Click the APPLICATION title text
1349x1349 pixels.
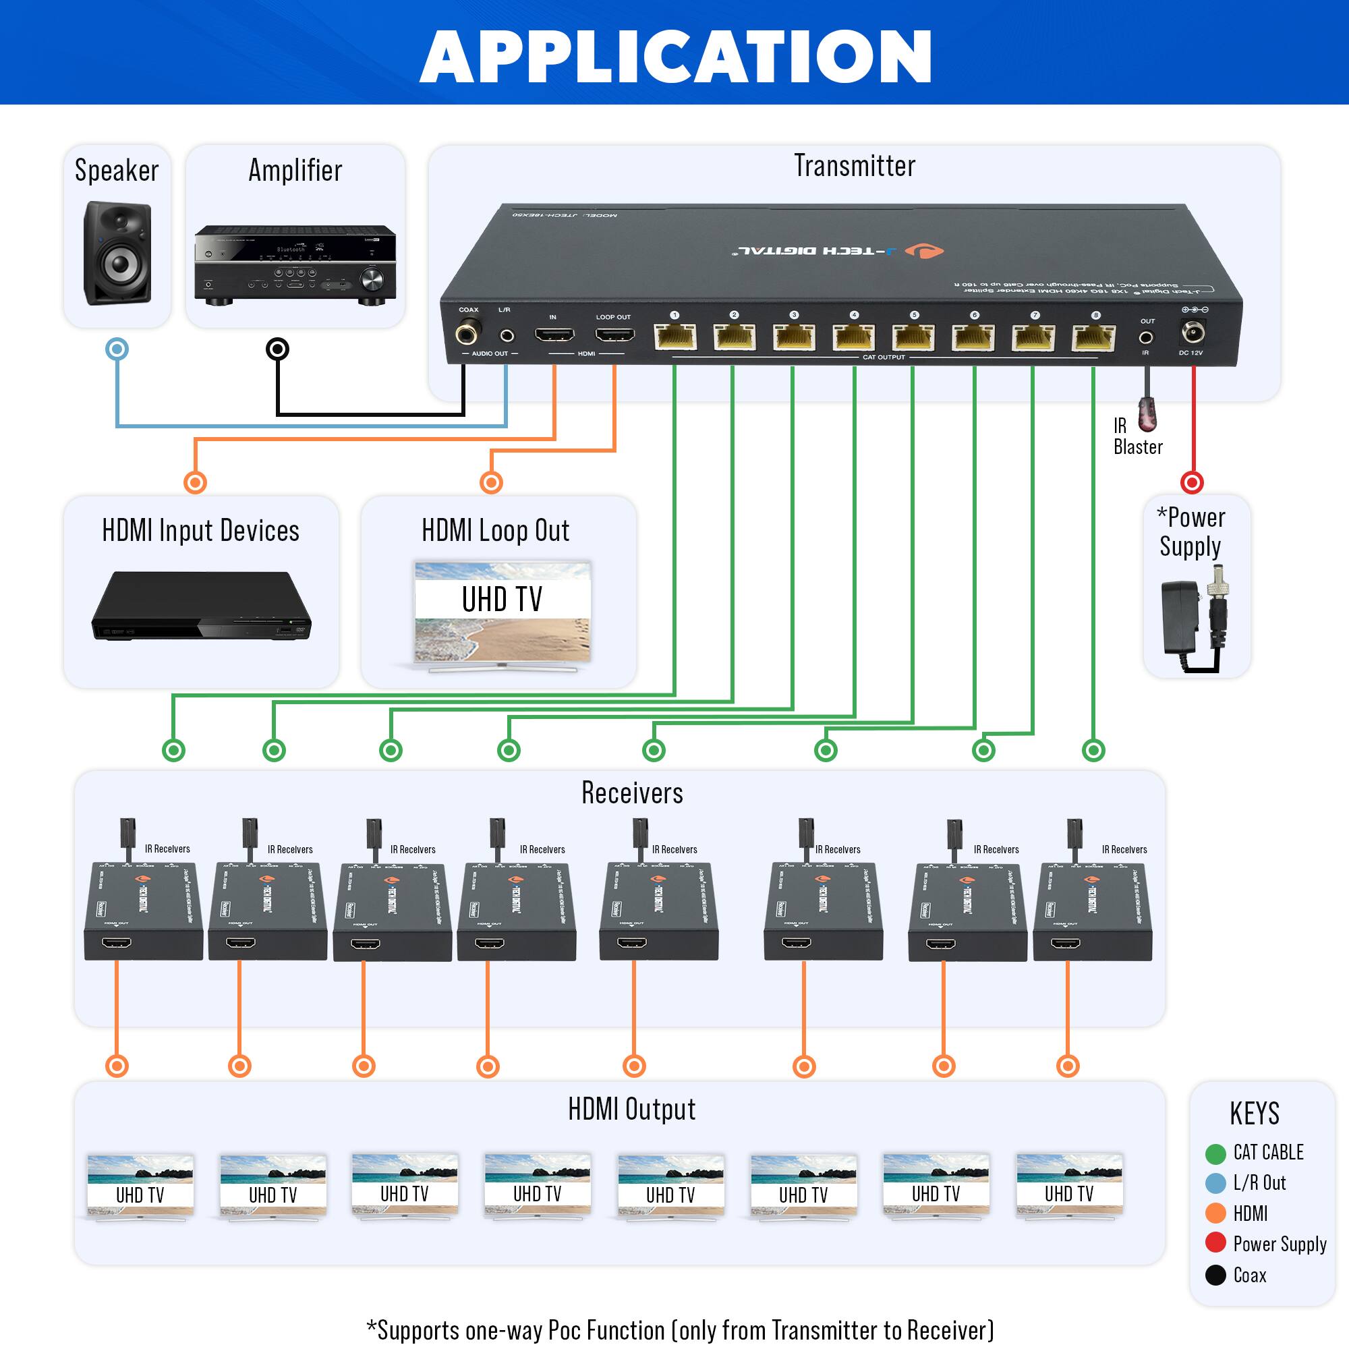click(675, 57)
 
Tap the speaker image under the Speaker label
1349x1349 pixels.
click(117, 253)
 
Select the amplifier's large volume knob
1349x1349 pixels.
click(371, 280)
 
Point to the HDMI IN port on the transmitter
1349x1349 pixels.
click(554, 335)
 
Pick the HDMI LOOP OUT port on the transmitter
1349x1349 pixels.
click(614, 335)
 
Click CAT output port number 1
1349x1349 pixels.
click(675, 337)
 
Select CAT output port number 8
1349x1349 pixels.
click(1093, 339)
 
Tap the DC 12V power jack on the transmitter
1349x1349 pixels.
click(1192, 333)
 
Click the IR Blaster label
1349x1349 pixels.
click(1137, 436)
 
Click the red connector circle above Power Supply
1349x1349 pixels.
click(1192, 482)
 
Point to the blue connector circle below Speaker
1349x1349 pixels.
click(117, 349)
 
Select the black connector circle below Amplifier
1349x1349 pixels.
click(278, 349)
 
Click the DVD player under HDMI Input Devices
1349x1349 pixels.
click(201, 606)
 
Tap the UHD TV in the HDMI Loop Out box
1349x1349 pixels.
click(502, 613)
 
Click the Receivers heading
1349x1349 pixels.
click(632, 793)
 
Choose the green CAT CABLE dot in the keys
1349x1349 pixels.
click(1215, 1153)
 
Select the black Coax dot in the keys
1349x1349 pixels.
click(1215, 1275)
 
